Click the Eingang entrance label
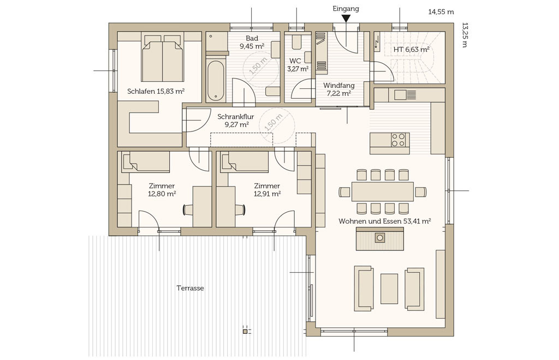tap(346, 9)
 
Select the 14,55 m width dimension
tap(441, 12)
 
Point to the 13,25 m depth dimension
tap(464, 35)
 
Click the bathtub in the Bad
tap(216, 81)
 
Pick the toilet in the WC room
tap(296, 42)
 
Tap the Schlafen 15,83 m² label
tap(156, 92)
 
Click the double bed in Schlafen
tap(163, 58)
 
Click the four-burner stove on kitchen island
tap(398, 140)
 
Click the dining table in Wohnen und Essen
tap(383, 191)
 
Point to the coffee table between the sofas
tap(389, 289)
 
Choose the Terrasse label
tap(190, 288)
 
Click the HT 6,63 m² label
tap(411, 50)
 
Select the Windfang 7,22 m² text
tap(338, 89)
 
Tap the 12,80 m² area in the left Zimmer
tap(162, 194)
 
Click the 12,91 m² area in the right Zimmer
tap(267, 194)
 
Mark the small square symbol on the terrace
tap(245, 332)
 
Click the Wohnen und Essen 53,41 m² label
tap(385, 221)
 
